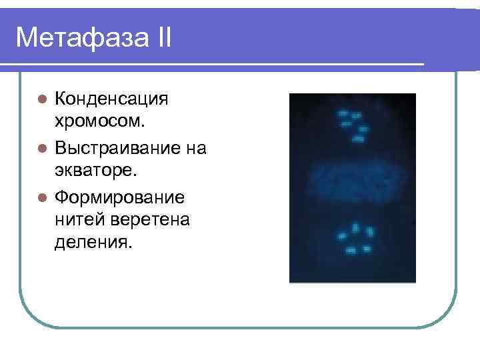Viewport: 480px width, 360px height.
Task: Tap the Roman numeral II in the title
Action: click(x=160, y=38)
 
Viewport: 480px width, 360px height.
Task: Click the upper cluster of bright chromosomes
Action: click(x=353, y=126)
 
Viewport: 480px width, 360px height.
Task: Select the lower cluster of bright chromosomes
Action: click(x=355, y=239)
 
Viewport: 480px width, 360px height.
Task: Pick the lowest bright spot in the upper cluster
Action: click(x=358, y=139)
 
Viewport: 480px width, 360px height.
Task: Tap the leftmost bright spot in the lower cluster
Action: click(x=341, y=236)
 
